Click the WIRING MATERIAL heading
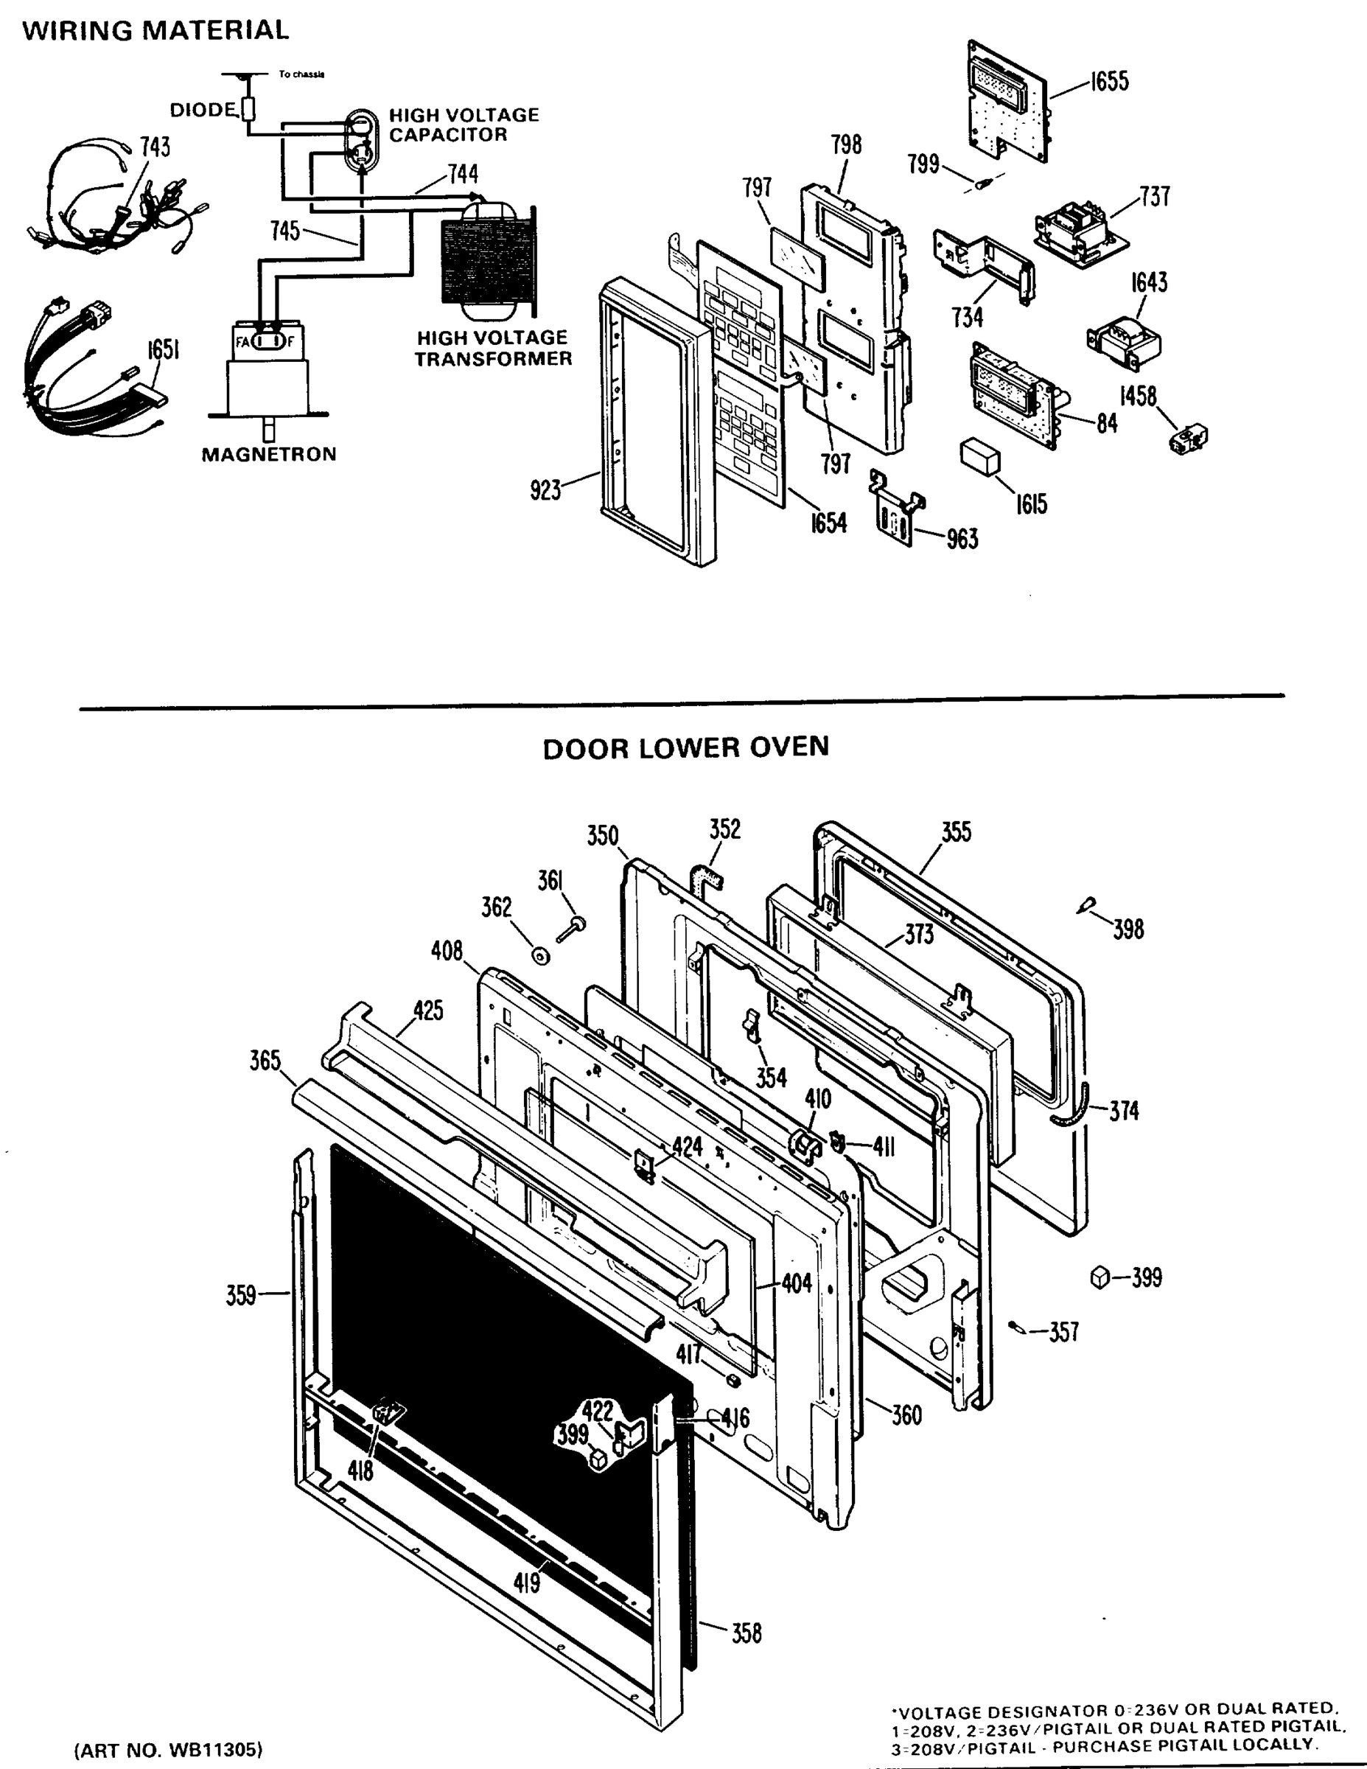click(x=155, y=31)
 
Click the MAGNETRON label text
click(x=268, y=454)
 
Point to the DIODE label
click(x=203, y=109)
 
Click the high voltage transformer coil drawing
click(x=489, y=261)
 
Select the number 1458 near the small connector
click(x=1138, y=396)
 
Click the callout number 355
click(x=956, y=832)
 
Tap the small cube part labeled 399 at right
click(x=1099, y=1277)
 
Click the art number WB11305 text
click(x=169, y=1750)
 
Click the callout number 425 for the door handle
click(x=427, y=1010)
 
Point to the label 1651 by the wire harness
click(x=163, y=349)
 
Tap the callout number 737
click(x=1154, y=196)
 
